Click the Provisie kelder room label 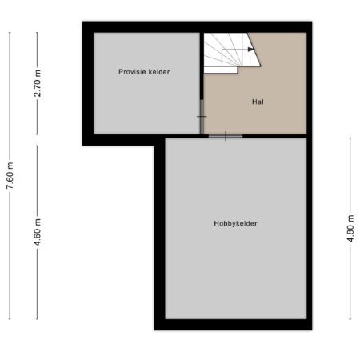(144, 72)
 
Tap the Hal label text (258, 102)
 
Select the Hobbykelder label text (235, 223)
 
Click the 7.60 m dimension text (10, 175)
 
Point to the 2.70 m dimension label (38, 83)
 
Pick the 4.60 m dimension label (38, 232)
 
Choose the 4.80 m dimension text (350, 228)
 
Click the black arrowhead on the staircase (250, 50)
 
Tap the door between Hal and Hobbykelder (226, 136)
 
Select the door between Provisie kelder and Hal (202, 117)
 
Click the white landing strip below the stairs (221, 70)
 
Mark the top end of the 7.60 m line (10, 32)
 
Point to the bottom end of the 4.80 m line (350, 319)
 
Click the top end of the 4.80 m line (350, 138)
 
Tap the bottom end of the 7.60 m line (10, 319)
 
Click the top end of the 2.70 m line (37, 32)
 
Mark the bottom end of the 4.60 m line (37, 319)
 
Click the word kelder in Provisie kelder (159, 72)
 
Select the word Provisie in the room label (132, 72)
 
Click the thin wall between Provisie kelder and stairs (202, 66)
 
